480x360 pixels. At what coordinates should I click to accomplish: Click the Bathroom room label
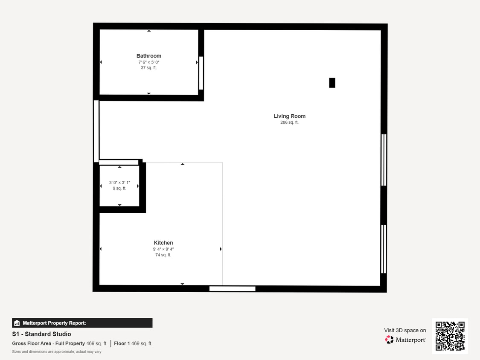tap(149, 56)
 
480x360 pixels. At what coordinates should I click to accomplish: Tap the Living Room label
tap(289, 116)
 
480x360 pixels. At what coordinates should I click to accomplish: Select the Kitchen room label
tap(163, 243)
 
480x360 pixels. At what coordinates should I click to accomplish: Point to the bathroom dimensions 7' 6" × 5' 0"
tap(149, 62)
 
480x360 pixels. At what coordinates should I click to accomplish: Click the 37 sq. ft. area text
tap(149, 68)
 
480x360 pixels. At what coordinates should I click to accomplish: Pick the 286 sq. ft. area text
tap(289, 122)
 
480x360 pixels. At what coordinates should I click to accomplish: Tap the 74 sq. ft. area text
tap(163, 255)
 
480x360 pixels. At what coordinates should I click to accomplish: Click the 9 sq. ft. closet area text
tap(119, 189)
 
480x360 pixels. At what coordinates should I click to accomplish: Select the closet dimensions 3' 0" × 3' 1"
tap(119, 183)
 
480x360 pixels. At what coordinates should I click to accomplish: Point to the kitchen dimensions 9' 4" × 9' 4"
tap(163, 249)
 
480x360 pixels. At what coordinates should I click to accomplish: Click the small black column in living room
tap(332, 83)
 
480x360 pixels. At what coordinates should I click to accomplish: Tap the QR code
tap(450, 336)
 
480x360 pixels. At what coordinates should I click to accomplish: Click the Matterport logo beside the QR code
tap(406, 340)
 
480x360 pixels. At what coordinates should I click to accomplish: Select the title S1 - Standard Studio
tap(42, 334)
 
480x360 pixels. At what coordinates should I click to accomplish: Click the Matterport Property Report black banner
tap(82, 323)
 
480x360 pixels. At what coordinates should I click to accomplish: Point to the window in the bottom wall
tap(232, 289)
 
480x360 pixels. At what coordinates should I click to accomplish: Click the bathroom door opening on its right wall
tap(201, 73)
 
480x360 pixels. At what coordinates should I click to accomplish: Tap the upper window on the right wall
tap(384, 160)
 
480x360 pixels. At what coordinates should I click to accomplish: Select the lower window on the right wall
tap(384, 249)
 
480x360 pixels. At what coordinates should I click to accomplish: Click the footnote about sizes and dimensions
tap(57, 351)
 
